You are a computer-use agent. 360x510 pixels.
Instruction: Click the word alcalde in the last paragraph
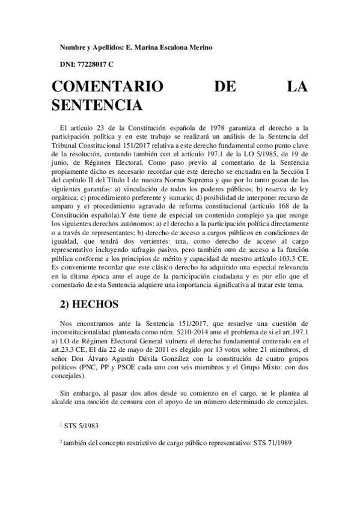tap(64, 402)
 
